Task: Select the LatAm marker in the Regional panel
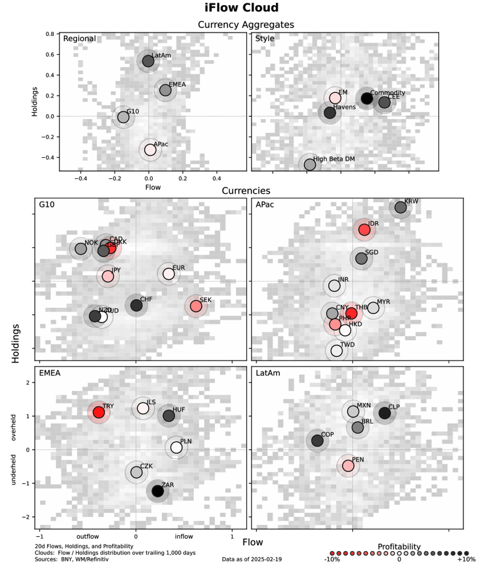coord(148,61)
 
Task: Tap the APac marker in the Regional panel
coord(150,150)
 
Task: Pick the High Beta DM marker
coord(310,165)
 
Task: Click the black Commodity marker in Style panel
coord(367,98)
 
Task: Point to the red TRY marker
coord(98,412)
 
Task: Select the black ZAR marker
coord(157,491)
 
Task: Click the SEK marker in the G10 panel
coord(195,306)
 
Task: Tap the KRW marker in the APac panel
coord(400,208)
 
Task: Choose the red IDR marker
coord(364,230)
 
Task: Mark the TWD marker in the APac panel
coord(336,351)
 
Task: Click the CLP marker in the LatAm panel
coord(385,413)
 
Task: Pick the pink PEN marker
coord(348,465)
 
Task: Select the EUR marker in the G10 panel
coord(169,274)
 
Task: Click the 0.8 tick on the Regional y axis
coord(50,34)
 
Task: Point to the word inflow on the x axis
coord(184,537)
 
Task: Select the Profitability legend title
coord(399,547)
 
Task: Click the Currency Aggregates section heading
coord(246,25)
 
